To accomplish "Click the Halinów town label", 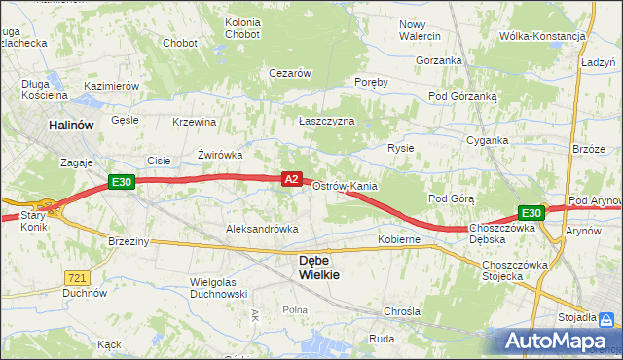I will (x=72, y=126).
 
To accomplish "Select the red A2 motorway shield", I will (x=291, y=178).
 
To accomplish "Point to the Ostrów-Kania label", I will (x=345, y=186).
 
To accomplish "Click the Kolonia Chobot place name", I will (x=242, y=28).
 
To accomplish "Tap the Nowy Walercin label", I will (x=420, y=30).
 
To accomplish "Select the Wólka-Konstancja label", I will (x=541, y=36).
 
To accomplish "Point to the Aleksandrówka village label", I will (x=262, y=228).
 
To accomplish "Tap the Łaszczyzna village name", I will (x=326, y=121).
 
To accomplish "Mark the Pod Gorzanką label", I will (x=463, y=97).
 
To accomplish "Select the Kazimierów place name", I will (x=112, y=86).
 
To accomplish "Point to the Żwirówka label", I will (x=219, y=154).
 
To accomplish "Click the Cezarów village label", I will (x=289, y=73).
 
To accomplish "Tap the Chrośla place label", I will (x=401, y=312).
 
